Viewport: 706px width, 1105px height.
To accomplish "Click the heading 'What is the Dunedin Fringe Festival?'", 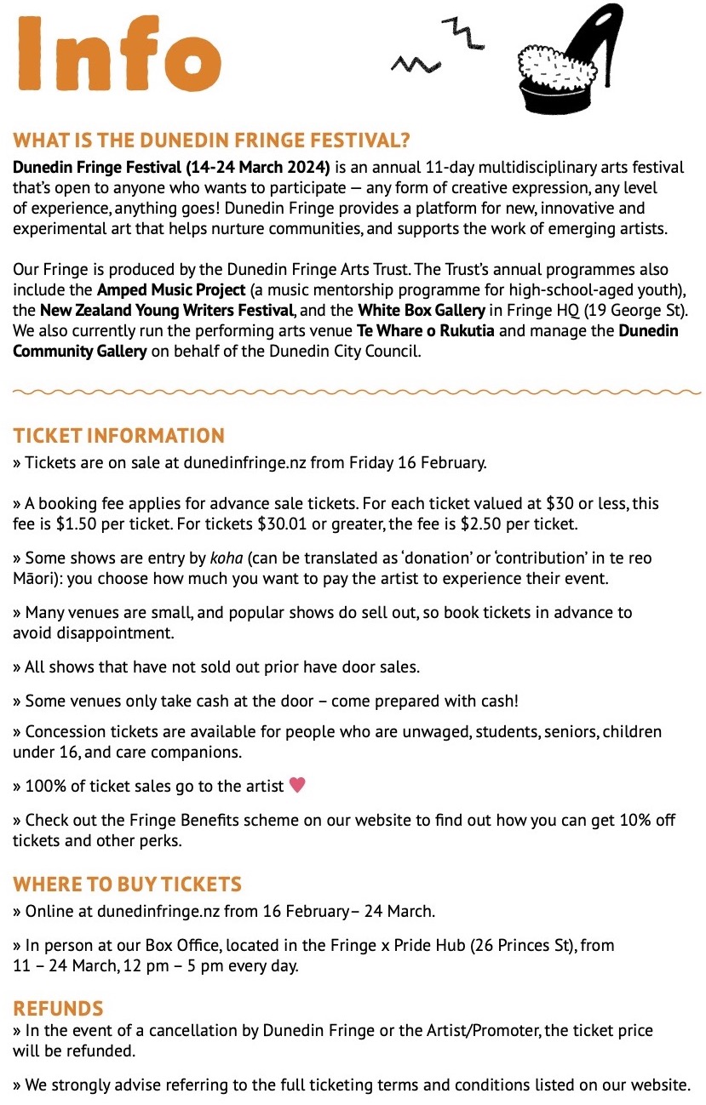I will click(212, 140).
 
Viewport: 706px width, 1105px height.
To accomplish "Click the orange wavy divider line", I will click(353, 392).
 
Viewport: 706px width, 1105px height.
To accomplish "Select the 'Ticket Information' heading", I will click(119, 436).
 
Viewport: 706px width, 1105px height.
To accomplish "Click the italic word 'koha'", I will click(226, 558).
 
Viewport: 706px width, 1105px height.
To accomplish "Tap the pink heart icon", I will click(297, 785).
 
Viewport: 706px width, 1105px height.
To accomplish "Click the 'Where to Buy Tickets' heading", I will click(128, 884).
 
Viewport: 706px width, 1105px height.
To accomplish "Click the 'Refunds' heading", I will click(58, 1009).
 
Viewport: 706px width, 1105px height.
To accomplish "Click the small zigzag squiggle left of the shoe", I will click(412, 63).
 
